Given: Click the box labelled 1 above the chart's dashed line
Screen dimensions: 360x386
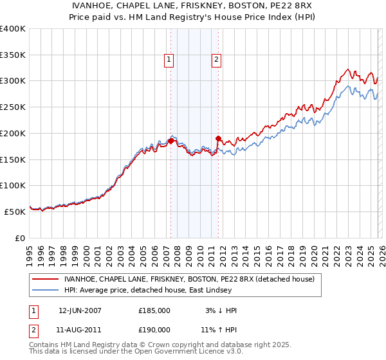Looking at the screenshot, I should pos(169,60).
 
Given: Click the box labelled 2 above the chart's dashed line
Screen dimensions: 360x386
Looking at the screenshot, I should pos(216,60).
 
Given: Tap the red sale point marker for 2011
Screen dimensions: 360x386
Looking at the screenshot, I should pos(218,138).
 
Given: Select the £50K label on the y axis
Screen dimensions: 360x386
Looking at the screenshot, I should pos(15,212).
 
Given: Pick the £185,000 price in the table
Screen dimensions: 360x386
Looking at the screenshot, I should pos(154,310).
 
